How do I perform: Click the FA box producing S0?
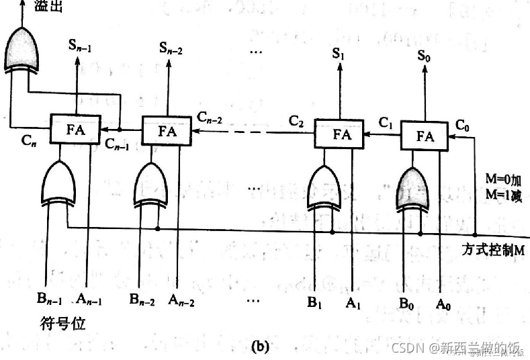(x=425, y=135)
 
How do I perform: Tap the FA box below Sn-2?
(x=167, y=130)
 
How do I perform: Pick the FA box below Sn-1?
(x=75, y=128)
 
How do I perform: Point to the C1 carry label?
(x=386, y=123)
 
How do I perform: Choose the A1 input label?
(x=353, y=303)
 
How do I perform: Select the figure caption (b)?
(x=259, y=347)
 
